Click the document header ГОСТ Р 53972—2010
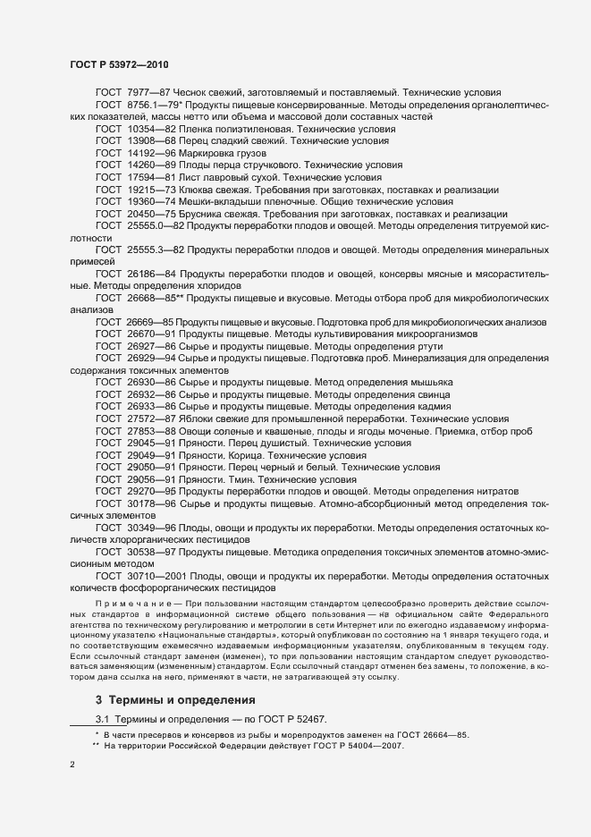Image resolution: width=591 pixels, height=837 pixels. [x=119, y=64]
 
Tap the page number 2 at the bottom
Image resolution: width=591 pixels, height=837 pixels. [x=72, y=765]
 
